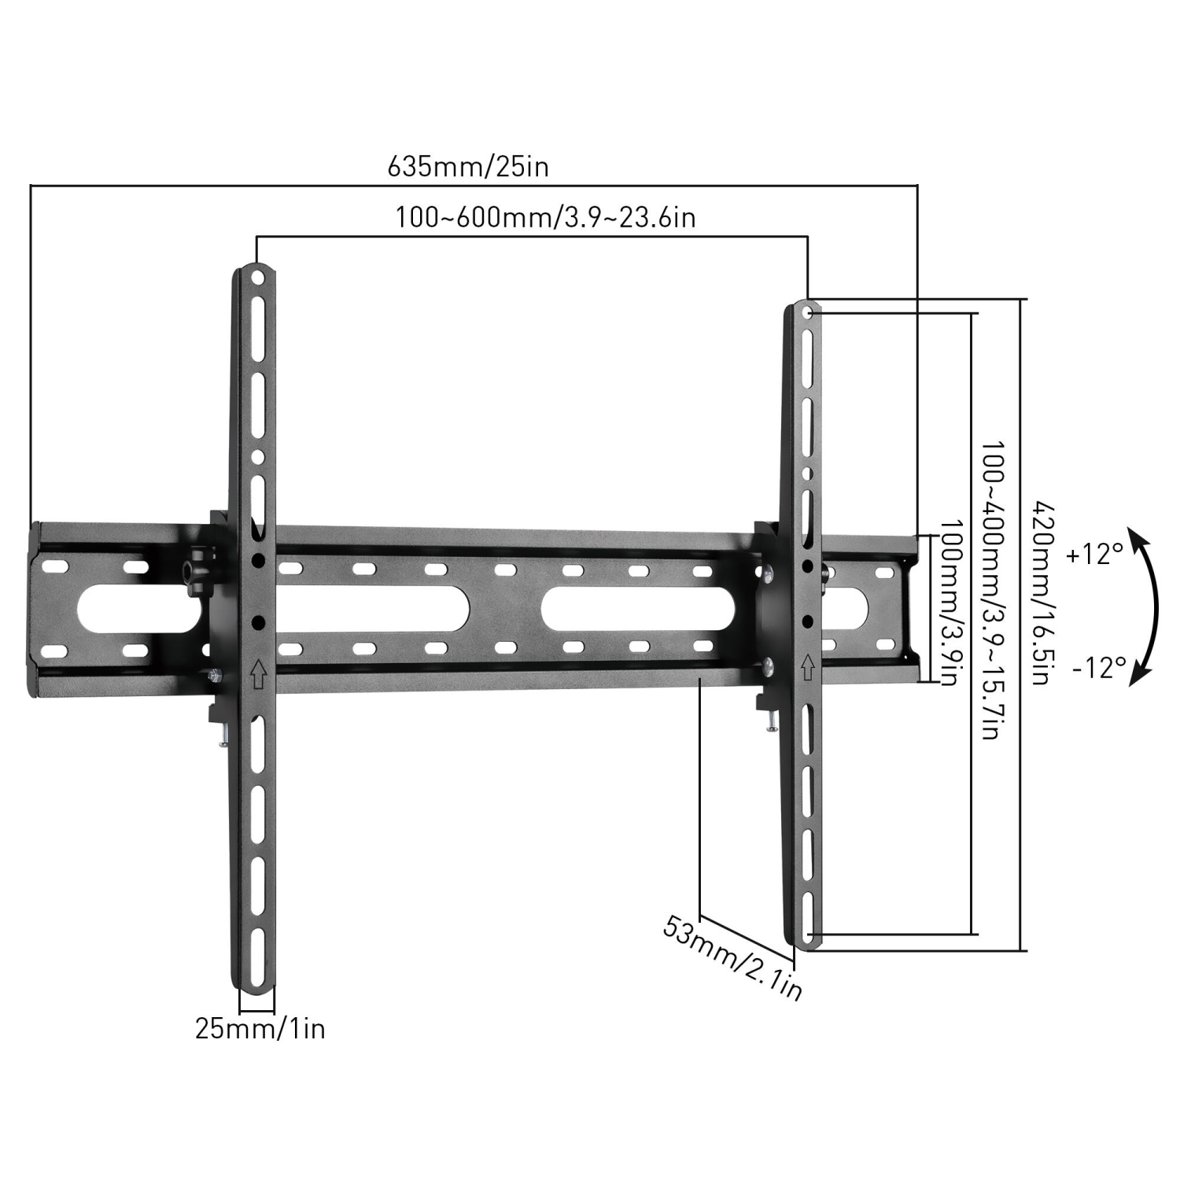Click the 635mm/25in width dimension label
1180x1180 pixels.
(468, 167)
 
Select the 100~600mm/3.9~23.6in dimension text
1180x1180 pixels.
(545, 217)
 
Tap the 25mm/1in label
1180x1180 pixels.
(260, 1029)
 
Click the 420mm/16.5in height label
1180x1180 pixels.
(1040, 592)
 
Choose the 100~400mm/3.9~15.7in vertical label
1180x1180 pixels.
(989, 590)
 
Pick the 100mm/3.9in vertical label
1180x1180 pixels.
(950, 602)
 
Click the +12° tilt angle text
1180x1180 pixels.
(1095, 555)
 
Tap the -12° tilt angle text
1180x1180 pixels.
(1098, 668)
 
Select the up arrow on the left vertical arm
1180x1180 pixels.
(256, 673)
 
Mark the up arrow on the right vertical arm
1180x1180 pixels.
(807, 668)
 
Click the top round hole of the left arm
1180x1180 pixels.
(256, 278)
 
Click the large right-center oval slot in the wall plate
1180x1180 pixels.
(637, 609)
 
